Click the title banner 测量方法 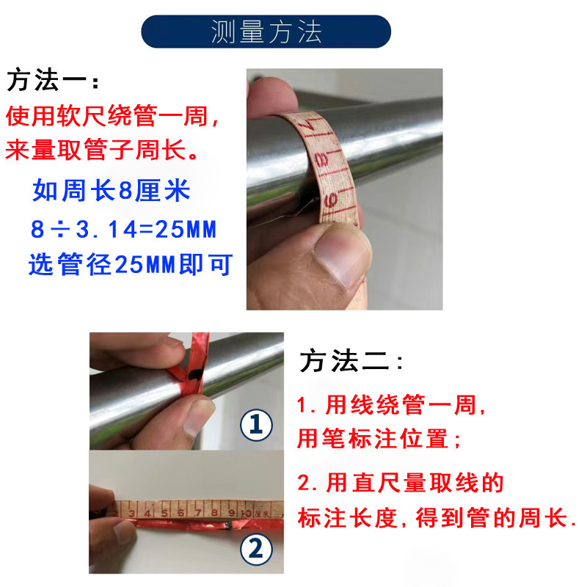tap(266, 32)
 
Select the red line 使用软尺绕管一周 tap(112, 117)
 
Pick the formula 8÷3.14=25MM tap(123, 230)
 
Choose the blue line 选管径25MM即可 tap(130, 264)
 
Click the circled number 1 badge tap(258, 425)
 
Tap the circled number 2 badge tap(257, 549)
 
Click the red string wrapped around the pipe tap(193, 371)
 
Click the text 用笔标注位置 tap(378, 440)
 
